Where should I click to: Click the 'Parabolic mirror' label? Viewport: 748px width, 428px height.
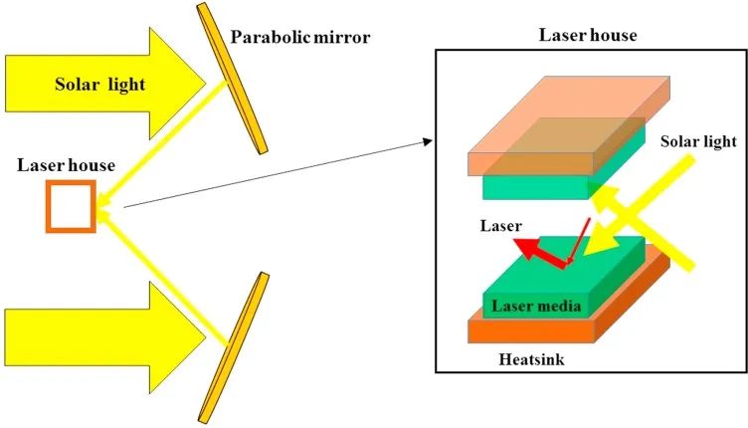pyautogui.click(x=300, y=37)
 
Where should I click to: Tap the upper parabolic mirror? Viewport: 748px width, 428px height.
pyautogui.click(x=232, y=79)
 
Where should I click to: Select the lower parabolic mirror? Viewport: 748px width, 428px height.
pyautogui.click(x=234, y=347)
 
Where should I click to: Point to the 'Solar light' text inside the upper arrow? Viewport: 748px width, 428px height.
pyautogui.click(x=99, y=85)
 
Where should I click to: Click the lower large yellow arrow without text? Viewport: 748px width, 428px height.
pyautogui.click(x=105, y=337)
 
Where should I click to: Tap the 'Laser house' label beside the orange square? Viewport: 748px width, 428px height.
pyautogui.click(x=66, y=165)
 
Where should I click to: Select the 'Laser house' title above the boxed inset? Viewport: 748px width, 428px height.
pyautogui.click(x=588, y=35)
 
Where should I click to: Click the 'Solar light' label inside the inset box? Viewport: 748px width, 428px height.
pyautogui.click(x=698, y=141)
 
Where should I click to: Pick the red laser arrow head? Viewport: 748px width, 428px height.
pyautogui.click(x=525, y=248)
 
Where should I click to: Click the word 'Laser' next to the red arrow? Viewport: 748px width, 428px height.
pyautogui.click(x=501, y=225)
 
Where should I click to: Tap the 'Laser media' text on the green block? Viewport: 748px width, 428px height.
pyautogui.click(x=536, y=306)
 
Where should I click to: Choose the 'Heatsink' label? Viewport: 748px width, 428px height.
pyautogui.click(x=531, y=358)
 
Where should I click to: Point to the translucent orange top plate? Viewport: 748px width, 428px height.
pyautogui.click(x=569, y=125)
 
